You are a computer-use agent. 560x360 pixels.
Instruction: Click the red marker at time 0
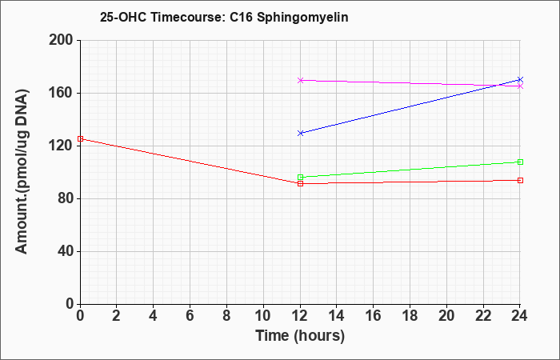80,139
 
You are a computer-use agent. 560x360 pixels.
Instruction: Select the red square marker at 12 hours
300,183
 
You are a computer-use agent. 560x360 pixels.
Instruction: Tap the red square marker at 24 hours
520,180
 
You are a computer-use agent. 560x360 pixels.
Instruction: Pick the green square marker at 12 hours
300,177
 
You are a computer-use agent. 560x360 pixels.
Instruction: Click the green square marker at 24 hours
520,162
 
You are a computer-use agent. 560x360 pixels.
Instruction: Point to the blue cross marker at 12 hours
300,134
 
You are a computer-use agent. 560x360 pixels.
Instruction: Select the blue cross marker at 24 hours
520,80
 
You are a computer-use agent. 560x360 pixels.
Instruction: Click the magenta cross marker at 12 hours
300,80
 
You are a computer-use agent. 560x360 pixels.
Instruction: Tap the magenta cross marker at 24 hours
520,86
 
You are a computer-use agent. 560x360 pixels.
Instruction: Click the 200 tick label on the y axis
60,40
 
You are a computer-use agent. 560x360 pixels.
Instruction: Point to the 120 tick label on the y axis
60,146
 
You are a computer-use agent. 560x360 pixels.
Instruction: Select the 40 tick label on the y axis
65,251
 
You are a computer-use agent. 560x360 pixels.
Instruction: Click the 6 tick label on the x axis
190,316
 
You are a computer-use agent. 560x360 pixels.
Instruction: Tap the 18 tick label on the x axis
410,316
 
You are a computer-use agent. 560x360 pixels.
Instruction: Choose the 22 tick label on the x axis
483,316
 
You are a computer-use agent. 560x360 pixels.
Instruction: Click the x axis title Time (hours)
300,336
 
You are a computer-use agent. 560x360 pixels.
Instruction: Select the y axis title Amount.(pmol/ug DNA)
22,171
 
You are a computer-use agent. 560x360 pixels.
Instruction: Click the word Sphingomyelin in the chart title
302,17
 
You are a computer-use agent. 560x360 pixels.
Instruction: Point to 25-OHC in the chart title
123,17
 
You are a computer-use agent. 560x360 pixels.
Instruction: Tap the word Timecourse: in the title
187,17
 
